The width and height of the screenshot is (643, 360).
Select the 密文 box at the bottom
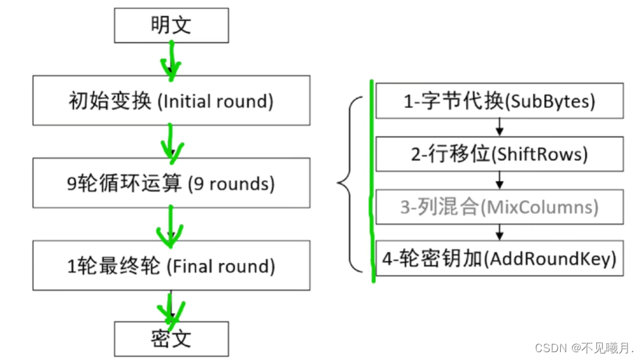(171, 339)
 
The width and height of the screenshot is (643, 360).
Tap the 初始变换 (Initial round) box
(171, 101)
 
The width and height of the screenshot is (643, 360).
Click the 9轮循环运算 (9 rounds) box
(171, 184)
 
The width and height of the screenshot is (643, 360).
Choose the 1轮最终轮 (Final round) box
(171, 266)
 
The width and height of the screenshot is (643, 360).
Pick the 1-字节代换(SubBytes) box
(499, 101)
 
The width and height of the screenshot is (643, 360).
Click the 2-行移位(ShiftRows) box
(499, 154)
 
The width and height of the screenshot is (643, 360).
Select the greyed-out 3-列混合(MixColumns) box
(499, 207)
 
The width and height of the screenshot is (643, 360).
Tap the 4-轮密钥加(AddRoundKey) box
(499, 259)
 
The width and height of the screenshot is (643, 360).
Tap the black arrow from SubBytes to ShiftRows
(499, 127)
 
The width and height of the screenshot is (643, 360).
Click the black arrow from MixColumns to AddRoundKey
(499, 232)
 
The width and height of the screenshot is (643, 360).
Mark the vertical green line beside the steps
(371, 182)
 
